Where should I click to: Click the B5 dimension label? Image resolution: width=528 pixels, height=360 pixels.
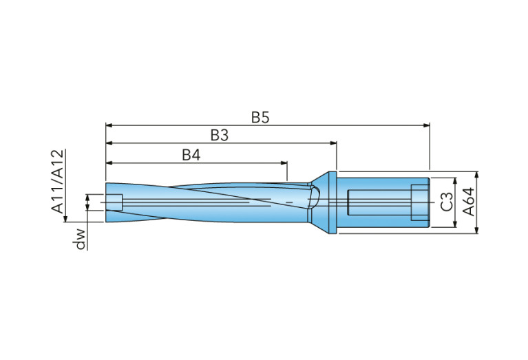[260, 117]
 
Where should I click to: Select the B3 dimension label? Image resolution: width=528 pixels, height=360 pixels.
[219, 136]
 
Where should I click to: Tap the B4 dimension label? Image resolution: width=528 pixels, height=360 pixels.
[191, 155]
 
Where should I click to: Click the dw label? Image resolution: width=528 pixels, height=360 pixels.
[81, 238]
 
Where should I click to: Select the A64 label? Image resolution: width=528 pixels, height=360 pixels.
[468, 202]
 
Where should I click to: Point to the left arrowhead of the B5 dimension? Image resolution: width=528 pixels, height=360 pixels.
[109, 125]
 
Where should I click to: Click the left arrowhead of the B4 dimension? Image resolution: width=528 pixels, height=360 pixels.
[109, 163]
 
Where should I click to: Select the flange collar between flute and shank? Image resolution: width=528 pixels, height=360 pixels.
[332, 202]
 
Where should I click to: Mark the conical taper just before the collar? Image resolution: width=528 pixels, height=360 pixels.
[318, 200]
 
